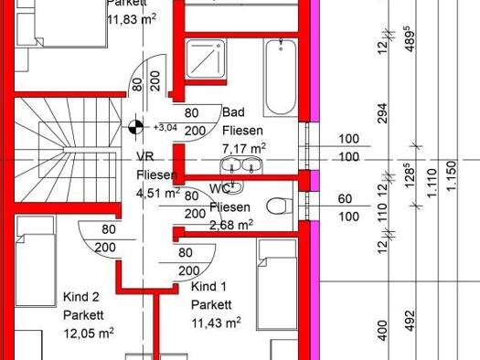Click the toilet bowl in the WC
279,206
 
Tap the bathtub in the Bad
281,78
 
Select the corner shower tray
206,58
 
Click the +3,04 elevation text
165,127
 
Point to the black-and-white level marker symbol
135,127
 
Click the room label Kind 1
208,287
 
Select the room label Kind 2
81,297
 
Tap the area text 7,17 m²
244,149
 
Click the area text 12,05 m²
89,333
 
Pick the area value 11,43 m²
216,323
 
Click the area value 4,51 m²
158,194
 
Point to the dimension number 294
382,113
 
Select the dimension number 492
411,321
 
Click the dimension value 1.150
452,175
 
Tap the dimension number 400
382,331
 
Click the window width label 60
345,199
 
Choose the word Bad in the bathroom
233,112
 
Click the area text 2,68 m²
231,225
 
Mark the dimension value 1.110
432,183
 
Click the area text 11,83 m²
132,19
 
